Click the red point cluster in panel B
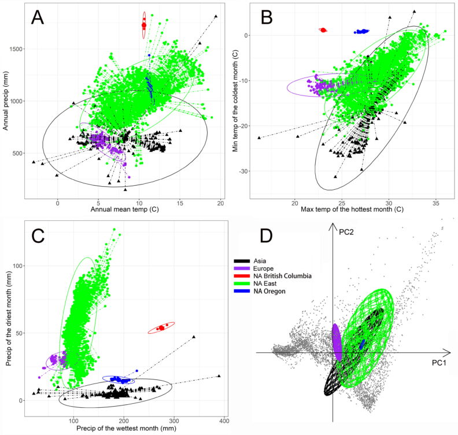click(323, 30)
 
